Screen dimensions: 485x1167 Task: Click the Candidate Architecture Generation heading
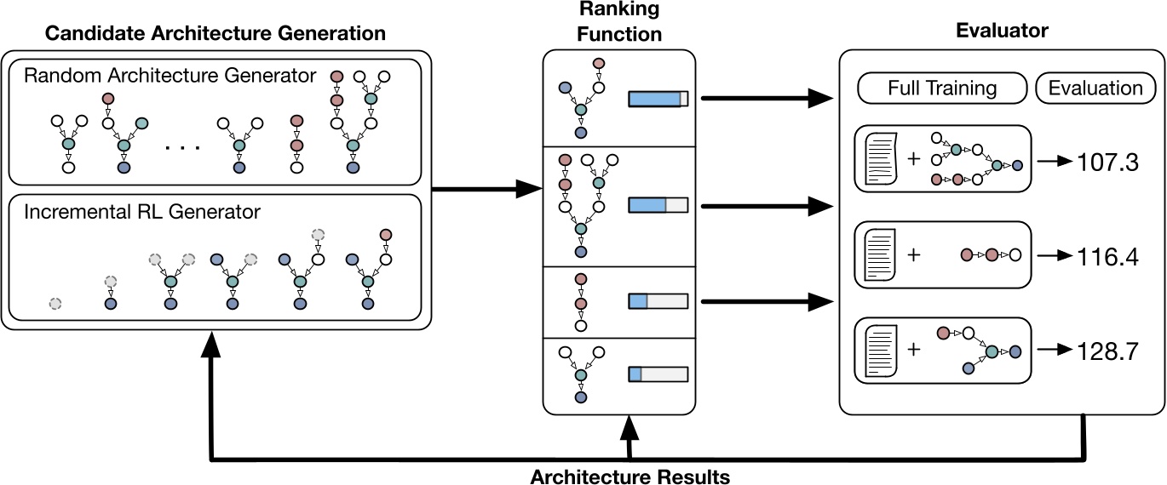pyautogui.click(x=216, y=34)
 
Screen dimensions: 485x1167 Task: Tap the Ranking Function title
pyautogui.click(x=619, y=23)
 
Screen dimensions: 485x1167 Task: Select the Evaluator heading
pyautogui.click(x=1003, y=31)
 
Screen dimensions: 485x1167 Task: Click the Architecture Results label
pyautogui.click(x=629, y=476)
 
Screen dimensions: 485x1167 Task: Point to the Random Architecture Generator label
pyautogui.click(x=170, y=75)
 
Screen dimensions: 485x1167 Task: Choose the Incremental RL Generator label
pyautogui.click(x=141, y=211)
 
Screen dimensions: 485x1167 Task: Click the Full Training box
pyautogui.click(x=940, y=88)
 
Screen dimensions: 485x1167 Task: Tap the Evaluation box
pyautogui.click(x=1095, y=88)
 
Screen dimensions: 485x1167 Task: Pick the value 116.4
pyautogui.click(x=1108, y=254)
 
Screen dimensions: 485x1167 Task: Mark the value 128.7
pyautogui.click(x=1108, y=351)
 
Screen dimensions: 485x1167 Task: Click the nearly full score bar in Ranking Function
pyautogui.click(x=658, y=99)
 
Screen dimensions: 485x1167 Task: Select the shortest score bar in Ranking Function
pyautogui.click(x=658, y=374)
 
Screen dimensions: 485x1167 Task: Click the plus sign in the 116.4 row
pyautogui.click(x=913, y=254)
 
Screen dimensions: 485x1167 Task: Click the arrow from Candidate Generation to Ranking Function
pyautogui.click(x=486, y=189)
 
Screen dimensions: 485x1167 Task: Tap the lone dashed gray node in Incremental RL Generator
pyautogui.click(x=55, y=303)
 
